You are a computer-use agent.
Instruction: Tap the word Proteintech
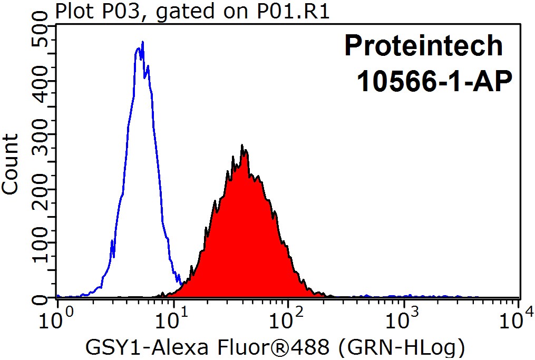coord(424,46)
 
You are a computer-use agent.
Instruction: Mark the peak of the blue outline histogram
coord(141,44)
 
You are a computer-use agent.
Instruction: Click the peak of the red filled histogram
coord(242,146)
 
